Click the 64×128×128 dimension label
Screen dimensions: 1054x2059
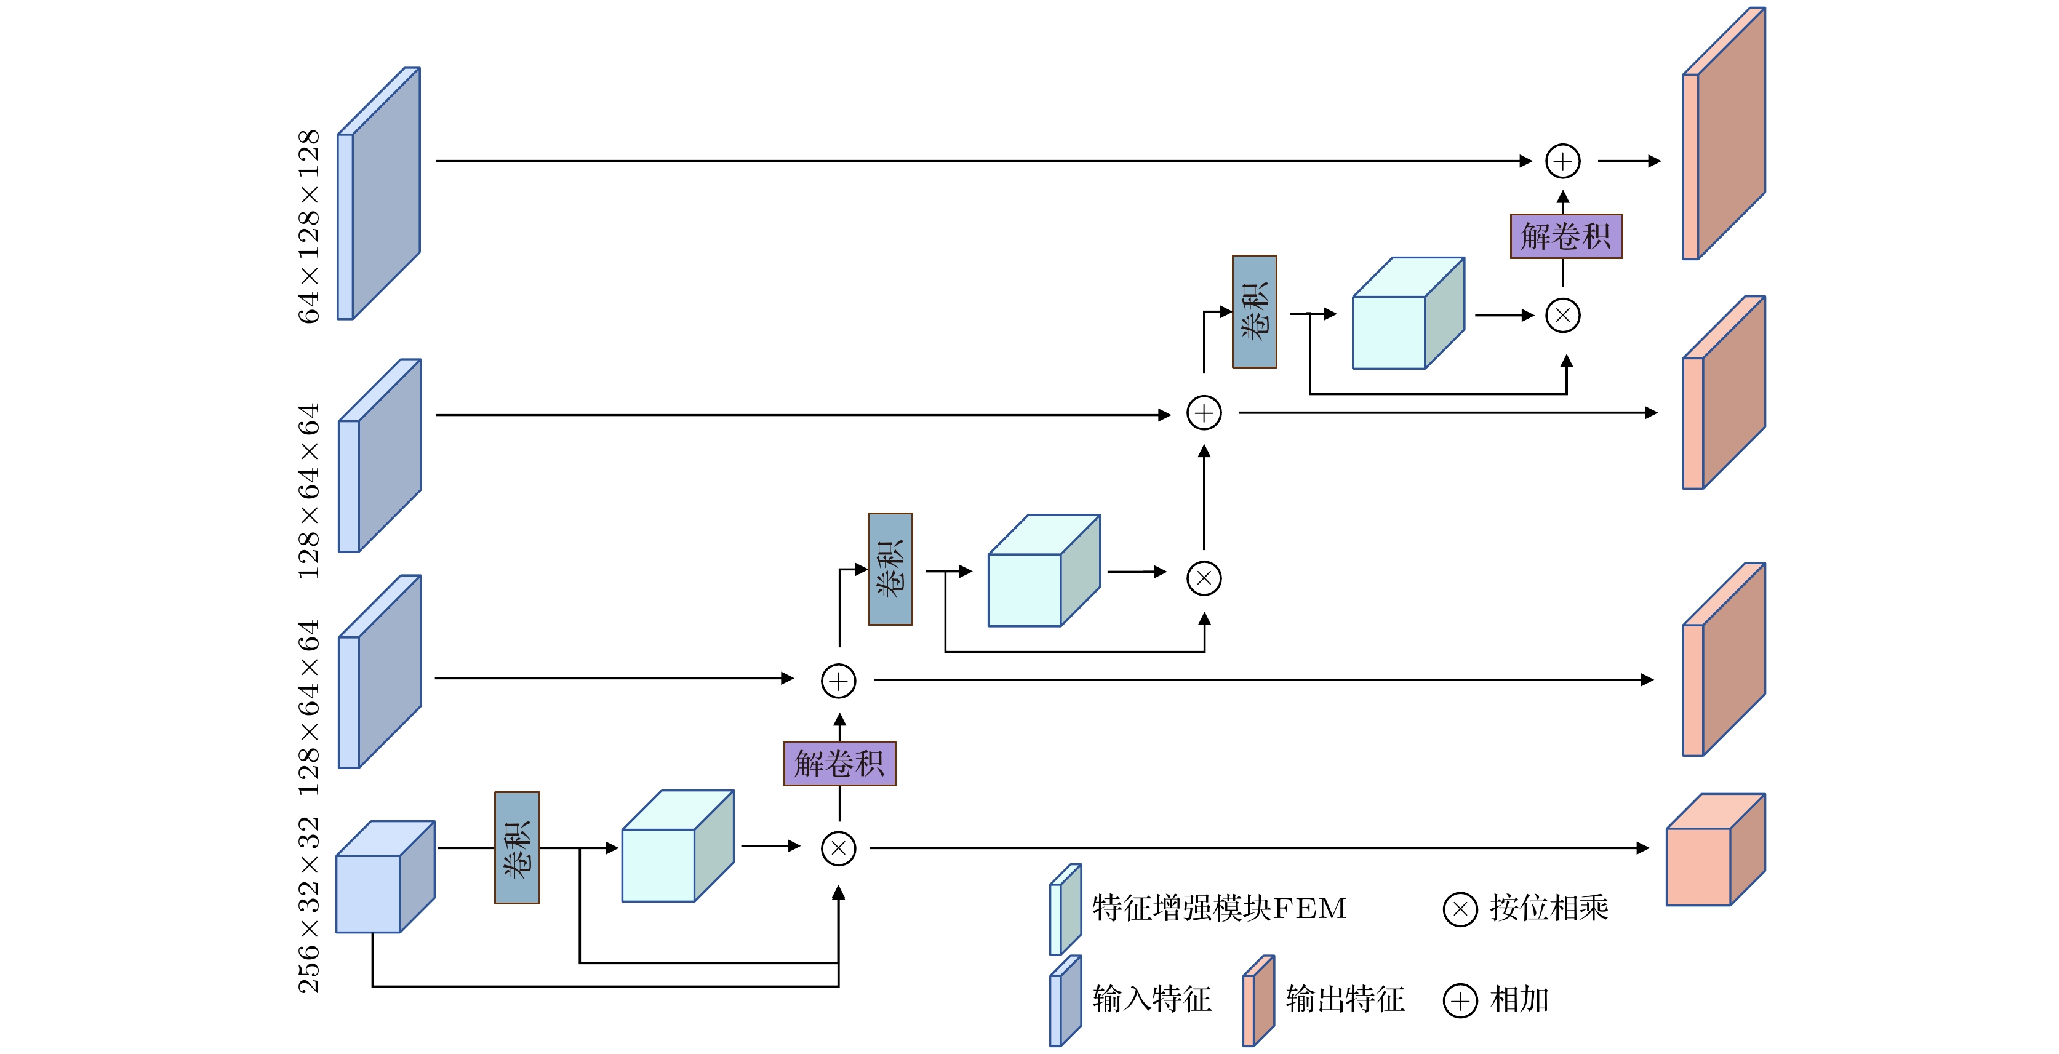tap(308, 226)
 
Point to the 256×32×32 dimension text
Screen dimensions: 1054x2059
tap(308, 904)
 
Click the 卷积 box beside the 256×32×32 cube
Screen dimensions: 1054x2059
tap(517, 848)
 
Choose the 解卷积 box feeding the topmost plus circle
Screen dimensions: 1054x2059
tap(1565, 236)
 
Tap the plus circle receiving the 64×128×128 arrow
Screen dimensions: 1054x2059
tap(1562, 161)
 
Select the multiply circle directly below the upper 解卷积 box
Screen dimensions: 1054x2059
tap(1562, 316)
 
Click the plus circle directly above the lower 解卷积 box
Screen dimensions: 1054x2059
tap(839, 681)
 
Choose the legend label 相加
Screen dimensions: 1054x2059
tap(1519, 1000)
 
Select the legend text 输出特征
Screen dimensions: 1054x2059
tap(1345, 1000)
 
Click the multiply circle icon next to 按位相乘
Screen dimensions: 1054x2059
tap(1460, 909)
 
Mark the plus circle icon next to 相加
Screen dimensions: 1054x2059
tap(1460, 1000)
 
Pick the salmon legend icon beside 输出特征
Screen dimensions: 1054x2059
tap(1258, 1001)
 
